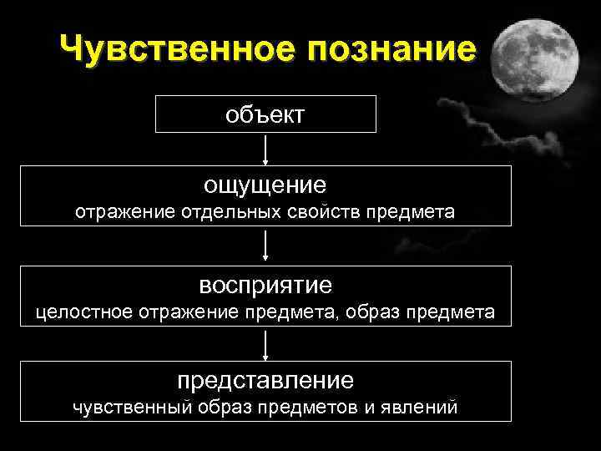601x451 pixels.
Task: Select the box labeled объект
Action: click(265, 114)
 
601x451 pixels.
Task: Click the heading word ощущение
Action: click(265, 182)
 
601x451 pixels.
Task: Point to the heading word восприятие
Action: click(265, 285)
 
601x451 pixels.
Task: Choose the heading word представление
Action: click(265, 380)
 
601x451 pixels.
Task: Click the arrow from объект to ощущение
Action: click(265, 149)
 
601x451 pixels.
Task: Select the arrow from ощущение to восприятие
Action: click(265, 246)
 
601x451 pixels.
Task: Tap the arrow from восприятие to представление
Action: click(265, 343)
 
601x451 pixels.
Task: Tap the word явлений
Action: click(422, 408)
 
